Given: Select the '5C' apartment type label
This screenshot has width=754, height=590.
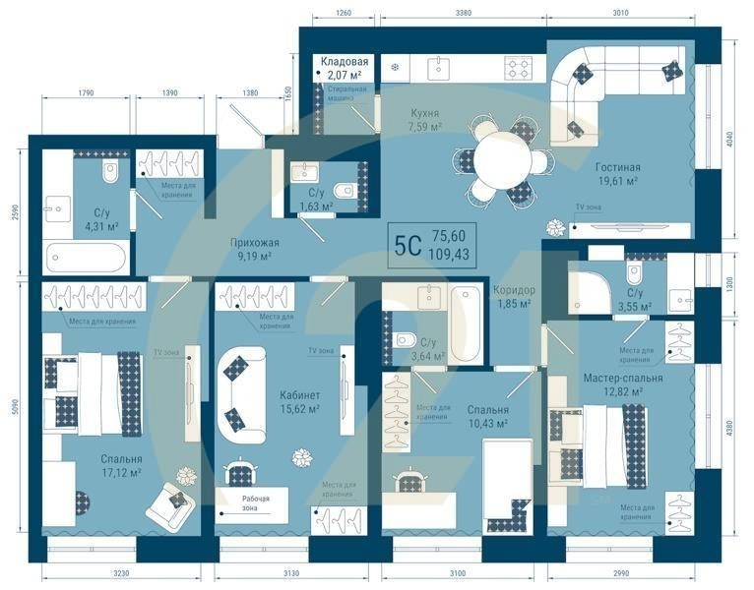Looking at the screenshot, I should [x=408, y=244].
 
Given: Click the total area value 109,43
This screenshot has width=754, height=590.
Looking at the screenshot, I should [x=448, y=253].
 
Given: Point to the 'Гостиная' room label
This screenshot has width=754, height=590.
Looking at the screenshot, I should [x=617, y=167].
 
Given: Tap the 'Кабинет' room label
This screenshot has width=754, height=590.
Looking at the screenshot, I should [x=299, y=395].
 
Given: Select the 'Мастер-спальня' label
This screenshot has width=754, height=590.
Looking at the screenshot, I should [x=622, y=378].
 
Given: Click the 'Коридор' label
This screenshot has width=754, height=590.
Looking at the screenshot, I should [x=514, y=290].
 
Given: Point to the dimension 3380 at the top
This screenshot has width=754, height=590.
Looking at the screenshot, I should [x=464, y=13].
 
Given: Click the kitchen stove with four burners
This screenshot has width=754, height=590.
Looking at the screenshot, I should [x=518, y=67].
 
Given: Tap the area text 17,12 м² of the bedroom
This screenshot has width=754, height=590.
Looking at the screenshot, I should [x=121, y=473].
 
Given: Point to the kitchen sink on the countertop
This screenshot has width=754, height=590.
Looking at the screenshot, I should [x=437, y=67].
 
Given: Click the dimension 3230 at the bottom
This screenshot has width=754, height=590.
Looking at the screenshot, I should [x=91, y=573].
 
